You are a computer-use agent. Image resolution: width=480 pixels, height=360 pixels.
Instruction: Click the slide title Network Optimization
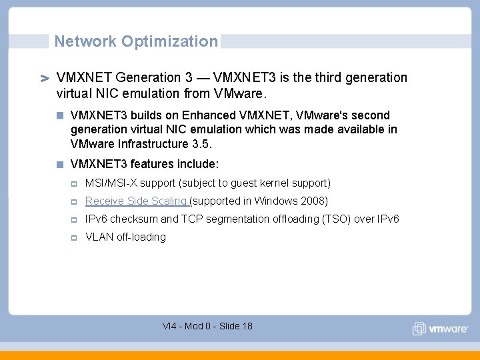(136, 41)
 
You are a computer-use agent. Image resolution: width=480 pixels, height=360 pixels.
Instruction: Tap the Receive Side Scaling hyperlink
(137, 201)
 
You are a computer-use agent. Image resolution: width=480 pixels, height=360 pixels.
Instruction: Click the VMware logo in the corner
(439, 329)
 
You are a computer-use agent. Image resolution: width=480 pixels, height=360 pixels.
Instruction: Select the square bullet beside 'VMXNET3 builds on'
(60, 115)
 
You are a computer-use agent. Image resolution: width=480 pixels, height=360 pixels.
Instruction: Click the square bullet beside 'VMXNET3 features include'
(60, 164)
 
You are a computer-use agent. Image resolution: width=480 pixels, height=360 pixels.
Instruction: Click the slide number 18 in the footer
(246, 326)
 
